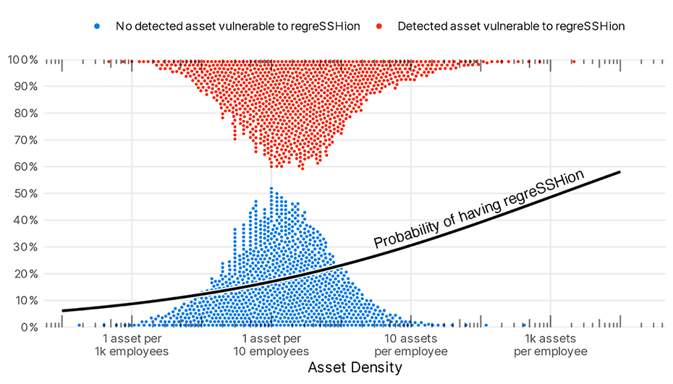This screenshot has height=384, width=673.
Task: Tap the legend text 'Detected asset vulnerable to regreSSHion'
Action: (x=510, y=26)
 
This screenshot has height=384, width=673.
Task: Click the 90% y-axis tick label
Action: (x=25, y=86)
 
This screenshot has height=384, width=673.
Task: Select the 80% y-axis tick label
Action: (x=25, y=113)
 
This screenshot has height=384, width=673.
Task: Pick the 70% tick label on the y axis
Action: (x=25, y=140)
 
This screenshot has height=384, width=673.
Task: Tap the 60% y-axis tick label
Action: (x=25, y=166)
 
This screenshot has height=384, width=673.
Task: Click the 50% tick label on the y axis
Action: (x=25, y=193)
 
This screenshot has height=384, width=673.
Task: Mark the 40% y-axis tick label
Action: (x=25, y=220)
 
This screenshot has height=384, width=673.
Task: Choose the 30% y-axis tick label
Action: (x=25, y=247)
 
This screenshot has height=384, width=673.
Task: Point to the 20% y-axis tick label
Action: (x=25, y=273)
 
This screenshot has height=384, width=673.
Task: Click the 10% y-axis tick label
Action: (x=25, y=300)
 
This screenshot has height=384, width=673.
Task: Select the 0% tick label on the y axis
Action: (x=27, y=327)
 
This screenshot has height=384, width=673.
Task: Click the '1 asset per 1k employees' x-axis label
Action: (x=131, y=345)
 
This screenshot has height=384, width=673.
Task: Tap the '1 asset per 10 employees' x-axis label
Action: (x=271, y=345)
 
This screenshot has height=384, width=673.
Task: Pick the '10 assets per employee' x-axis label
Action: (x=411, y=345)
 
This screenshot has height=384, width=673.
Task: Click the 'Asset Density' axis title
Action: (x=355, y=367)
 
